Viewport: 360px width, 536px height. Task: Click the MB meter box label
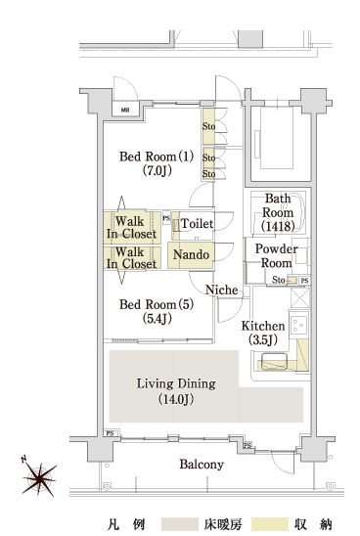coord(125,111)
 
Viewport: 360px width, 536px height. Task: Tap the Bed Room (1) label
coord(157,163)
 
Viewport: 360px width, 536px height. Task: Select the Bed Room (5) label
coord(157,311)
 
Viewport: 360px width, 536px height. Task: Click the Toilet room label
coord(197,224)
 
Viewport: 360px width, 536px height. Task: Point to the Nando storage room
coord(191,255)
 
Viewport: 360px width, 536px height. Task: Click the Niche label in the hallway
coord(221,290)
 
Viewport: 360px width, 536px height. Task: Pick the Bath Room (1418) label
coord(278,212)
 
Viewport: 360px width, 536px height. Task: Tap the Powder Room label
coord(276,255)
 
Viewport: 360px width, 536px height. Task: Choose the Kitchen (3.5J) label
coord(263,333)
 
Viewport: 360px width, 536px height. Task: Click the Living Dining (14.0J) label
coord(176,391)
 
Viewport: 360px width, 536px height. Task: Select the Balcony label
coord(202,465)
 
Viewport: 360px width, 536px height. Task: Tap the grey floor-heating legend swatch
coord(180,524)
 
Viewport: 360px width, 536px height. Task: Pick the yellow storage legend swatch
coord(269,524)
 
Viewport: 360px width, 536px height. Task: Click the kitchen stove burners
coord(298,325)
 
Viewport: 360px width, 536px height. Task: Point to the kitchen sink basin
coord(274,362)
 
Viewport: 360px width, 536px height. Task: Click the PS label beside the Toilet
coord(166,218)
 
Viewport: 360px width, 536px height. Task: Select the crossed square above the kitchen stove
coord(300,297)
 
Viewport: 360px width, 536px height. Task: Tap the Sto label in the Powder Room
coord(278,280)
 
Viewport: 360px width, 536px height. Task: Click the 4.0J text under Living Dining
coord(178,399)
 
